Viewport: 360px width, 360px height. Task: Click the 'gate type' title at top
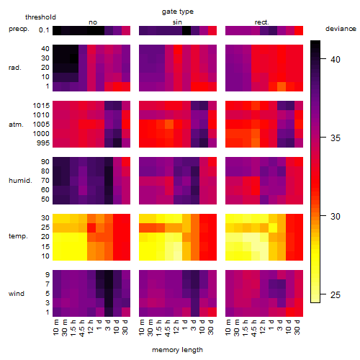click(178, 12)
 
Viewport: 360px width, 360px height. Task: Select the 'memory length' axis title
click(177, 350)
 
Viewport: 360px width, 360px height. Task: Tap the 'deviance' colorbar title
click(341, 29)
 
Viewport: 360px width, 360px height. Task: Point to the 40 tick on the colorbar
click(323, 58)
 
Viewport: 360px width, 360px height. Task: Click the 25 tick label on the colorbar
click(336, 294)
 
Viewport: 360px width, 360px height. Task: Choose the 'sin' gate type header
click(177, 22)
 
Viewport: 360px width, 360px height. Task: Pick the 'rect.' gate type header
click(262, 22)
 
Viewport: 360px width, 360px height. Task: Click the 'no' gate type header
click(93, 22)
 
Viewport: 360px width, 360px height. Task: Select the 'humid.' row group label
click(20, 181)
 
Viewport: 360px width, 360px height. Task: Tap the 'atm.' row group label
click(16, 125)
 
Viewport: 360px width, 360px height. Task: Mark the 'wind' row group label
click(17, 294)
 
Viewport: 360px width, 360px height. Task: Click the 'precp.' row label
click(19, 29)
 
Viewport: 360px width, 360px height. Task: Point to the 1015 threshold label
click(41, 106)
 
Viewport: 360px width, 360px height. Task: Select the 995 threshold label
click(43, 143)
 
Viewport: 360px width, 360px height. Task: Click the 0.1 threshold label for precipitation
click(44, 30)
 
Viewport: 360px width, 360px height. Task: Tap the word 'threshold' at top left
click(40, 17)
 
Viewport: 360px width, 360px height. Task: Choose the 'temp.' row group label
click(18, 236)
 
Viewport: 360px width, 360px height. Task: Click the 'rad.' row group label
click(15, 68)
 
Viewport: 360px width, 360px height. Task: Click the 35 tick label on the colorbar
click(336, 138)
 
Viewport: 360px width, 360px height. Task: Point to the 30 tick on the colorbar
click(323, 216)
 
